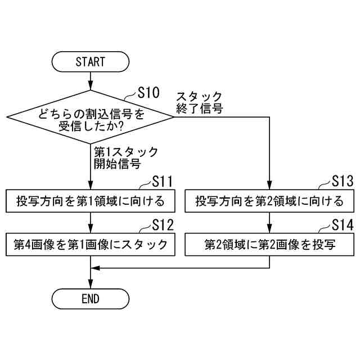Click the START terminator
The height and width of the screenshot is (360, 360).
coord(90,61)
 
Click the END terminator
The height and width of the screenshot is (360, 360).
coord(90,299)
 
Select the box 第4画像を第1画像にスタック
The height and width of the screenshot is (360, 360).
coord(90,245)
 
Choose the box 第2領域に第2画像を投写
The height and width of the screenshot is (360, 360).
coord(269,245)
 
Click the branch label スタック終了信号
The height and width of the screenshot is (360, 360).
coord(199,102)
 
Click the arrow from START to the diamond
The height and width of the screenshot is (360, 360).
coord(90,80)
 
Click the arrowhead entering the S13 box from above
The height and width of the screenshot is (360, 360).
coord(269,187)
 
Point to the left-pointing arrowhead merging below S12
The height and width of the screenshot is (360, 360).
coord(96,268)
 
